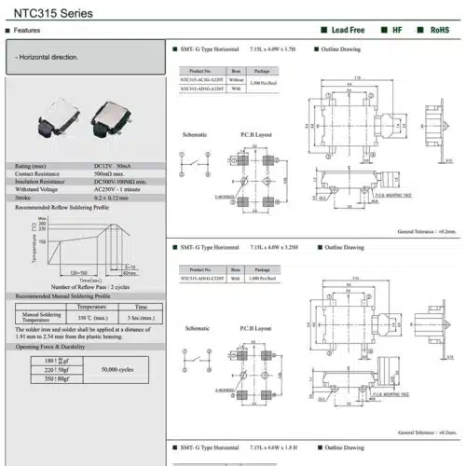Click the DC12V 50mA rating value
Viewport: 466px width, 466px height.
(x=116, y=167)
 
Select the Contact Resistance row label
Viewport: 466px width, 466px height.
(x=40, y=174)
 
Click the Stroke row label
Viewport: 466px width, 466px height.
(x=25, y=198)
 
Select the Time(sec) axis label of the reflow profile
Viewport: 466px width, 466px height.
(x=90, y=280)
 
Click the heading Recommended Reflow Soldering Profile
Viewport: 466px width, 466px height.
(x=59, y=206)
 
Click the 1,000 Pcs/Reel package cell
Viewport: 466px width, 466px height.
(x=262, y=278)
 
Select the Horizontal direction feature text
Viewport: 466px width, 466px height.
(x=49, y=58)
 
